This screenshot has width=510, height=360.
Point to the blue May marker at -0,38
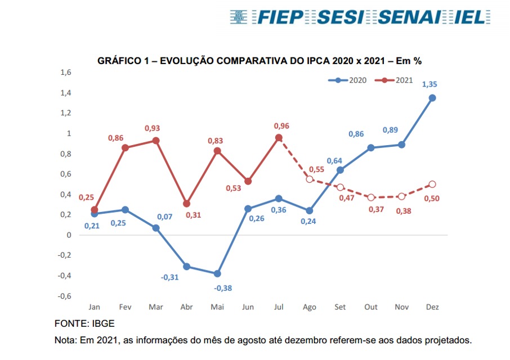217,273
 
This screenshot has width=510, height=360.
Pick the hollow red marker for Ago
309,179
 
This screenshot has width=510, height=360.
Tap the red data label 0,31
194,215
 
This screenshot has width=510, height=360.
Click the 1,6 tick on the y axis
66,73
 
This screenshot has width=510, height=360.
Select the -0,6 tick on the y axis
64,296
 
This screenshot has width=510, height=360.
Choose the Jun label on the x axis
248,307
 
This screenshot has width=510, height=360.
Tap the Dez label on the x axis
432,307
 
